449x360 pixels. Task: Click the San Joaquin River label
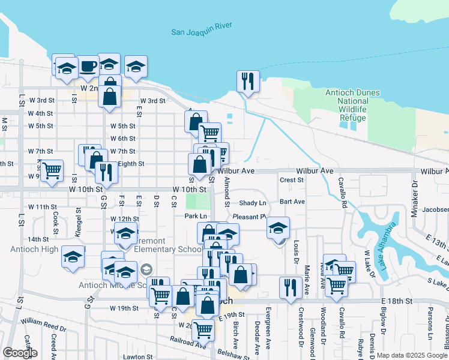(201, 32)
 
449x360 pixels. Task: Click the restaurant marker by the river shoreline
(248, 80)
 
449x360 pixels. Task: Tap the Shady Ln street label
(252, 203)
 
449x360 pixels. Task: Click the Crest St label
(292, 180)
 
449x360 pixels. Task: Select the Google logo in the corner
(19, 353)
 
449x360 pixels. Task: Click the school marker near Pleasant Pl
(278, 228)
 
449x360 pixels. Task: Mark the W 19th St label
(124, 308)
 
